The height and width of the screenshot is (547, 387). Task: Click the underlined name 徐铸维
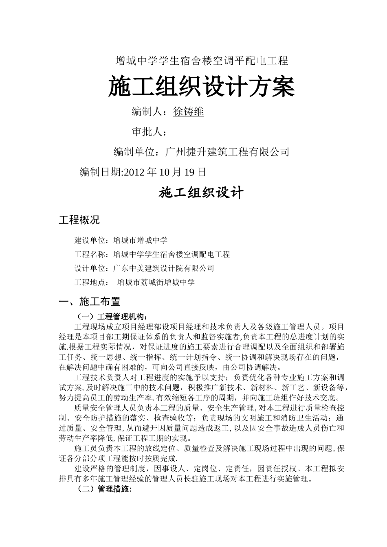(188, 112)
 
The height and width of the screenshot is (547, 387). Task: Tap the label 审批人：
(150, 132)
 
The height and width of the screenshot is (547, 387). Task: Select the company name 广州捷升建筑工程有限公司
(227, 152)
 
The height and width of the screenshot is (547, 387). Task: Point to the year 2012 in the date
(134, 172)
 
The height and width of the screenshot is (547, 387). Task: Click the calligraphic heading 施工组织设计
(201, 193)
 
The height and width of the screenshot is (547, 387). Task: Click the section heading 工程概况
(79, 220)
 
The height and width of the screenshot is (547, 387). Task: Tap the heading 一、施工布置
(90, 302)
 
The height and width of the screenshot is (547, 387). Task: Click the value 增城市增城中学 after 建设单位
(141, 241)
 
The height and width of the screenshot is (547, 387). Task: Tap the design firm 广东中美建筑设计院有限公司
(164, 268)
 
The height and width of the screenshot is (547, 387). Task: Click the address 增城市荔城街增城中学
(156, 282)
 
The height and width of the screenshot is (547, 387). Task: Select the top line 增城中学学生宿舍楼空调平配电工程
(202, 61)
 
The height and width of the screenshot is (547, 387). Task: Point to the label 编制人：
(150, 112)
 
